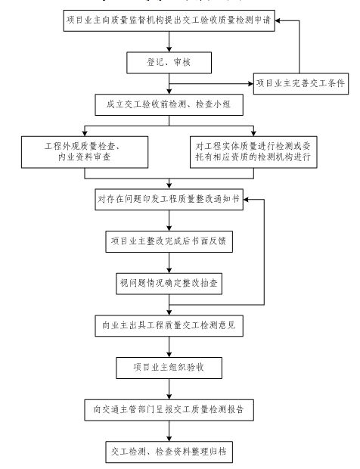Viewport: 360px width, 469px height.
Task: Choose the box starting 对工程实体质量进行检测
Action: [255, 151]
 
